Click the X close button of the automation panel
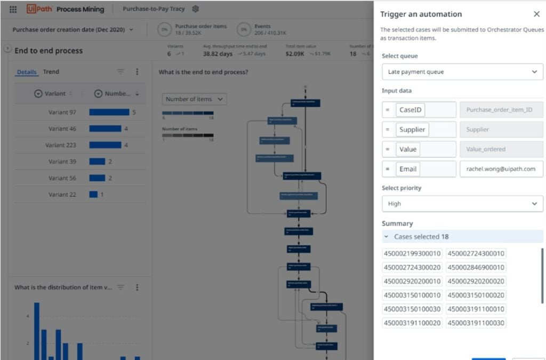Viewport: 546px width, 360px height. pyautogui.click(x=536, y=14)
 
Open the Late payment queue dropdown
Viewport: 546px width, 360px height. pyautogui.click(x=462, y=72)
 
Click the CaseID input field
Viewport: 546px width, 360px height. pyautogui.click(x=410, y=110)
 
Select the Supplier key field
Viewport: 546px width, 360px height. pyautogui.click(x=412, y=130)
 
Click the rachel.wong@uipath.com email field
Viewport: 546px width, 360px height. pyautogui.click(x=501, y=169)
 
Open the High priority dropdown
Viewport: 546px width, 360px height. pyautogui.click(x=462, y=204)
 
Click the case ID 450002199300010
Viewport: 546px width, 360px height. pyautogui.click(x=412, y=254)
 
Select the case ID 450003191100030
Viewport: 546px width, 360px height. pyautogui.click(x=476, y=323)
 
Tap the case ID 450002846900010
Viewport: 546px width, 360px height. pyautogui.click(x=476, y=268)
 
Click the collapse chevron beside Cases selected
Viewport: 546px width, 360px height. pyautogui.click(x=387, y=237)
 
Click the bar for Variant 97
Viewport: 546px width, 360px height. pyautogui.click(x=109, y=113)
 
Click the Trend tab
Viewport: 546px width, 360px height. pyautogui.click(x=51, y=72)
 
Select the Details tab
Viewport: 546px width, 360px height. pyautogui.click(x=27, y=73)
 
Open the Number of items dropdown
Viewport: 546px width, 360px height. pyautogui.click(x=194, y=99)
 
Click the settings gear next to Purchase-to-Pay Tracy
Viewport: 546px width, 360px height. pyautogui.click(x=196, y=9)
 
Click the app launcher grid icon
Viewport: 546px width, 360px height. pyautogui.click(x=13, y=9)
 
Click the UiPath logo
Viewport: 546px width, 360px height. pyautogui.click(x=39, y=9)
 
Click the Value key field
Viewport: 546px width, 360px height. pyautogui.click(x=408, y=149)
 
